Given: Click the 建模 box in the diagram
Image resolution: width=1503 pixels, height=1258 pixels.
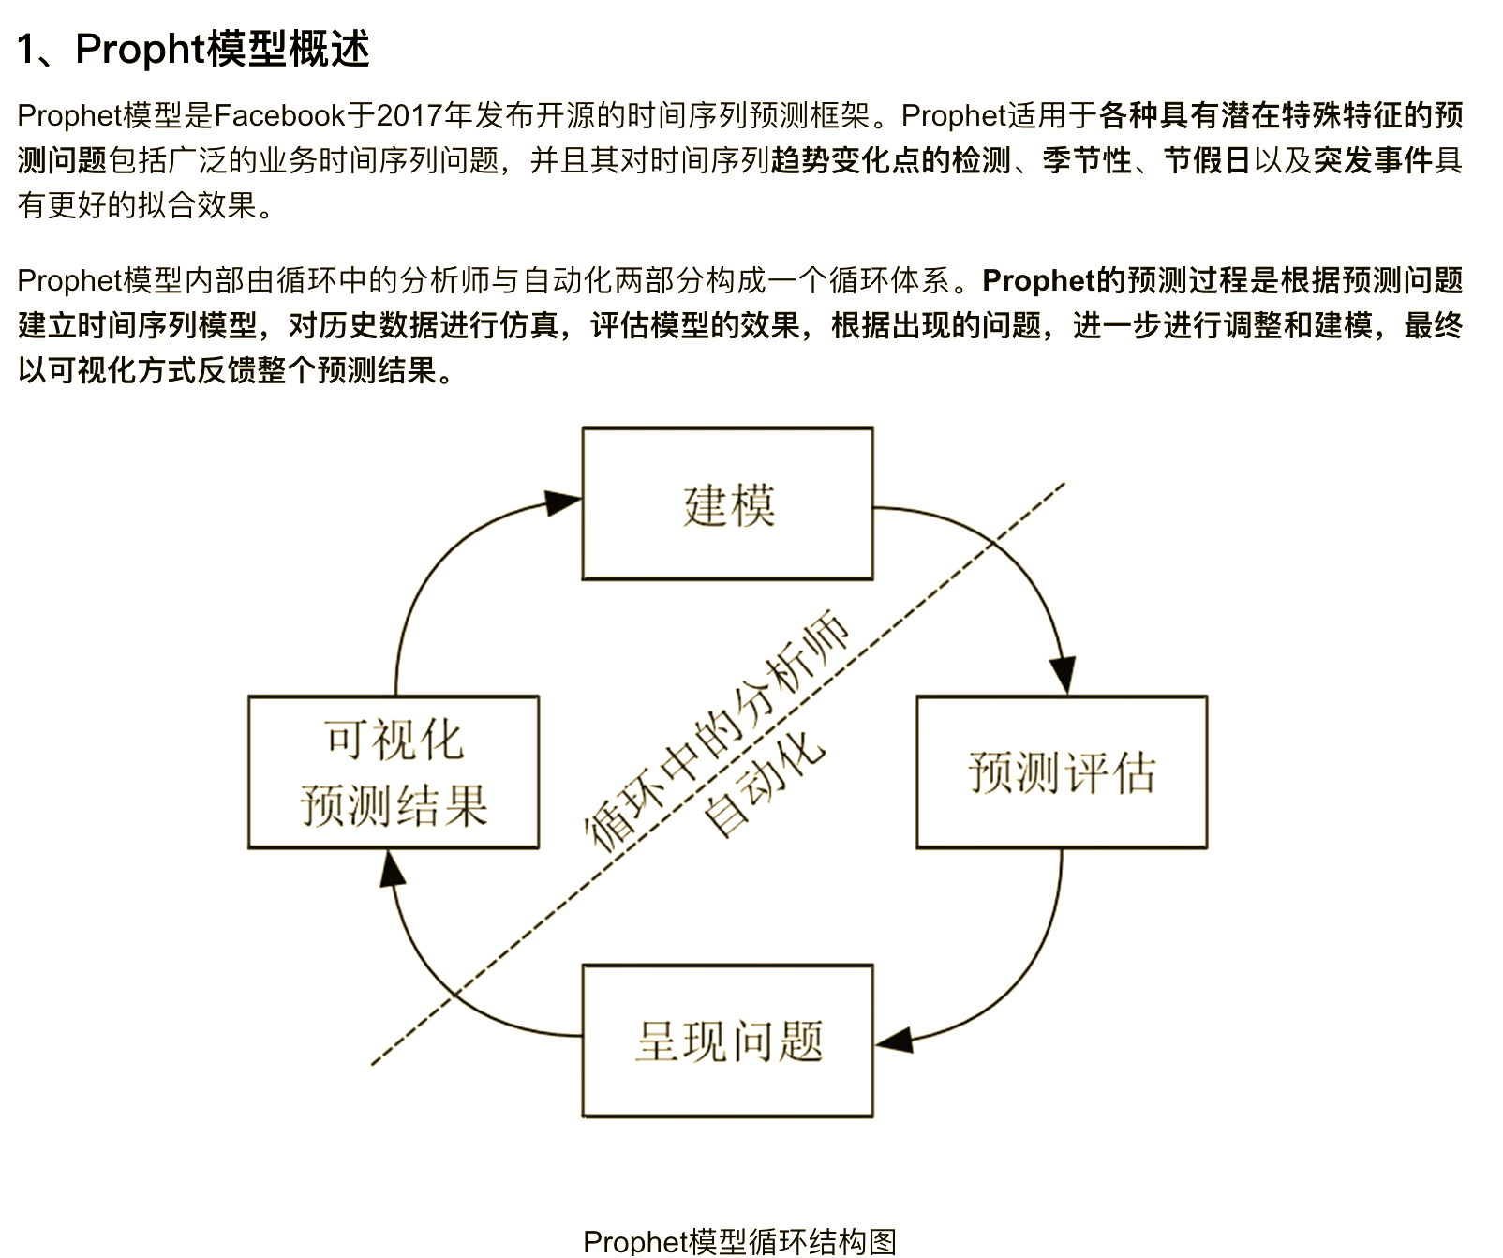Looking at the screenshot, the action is [x=727, y=503].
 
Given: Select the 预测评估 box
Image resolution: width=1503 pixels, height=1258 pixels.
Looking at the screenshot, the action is [x=1062, y=771].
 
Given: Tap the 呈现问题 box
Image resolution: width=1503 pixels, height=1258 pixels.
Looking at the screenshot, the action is [x=727, y=1041].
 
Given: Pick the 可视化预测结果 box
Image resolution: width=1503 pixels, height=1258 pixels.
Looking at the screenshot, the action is [x=394, y=771].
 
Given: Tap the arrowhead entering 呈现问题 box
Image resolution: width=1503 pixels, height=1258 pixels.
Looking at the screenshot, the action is [x=894, y=1040].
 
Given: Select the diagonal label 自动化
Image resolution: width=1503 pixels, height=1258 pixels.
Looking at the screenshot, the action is [x=765, y=784].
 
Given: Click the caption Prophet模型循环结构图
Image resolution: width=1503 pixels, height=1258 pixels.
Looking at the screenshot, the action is [x=739, y=1241].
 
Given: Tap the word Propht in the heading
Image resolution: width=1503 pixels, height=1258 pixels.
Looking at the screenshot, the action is [x=141, y=50].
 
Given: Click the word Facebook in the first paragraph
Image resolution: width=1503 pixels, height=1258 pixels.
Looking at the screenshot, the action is [x=280, y=115].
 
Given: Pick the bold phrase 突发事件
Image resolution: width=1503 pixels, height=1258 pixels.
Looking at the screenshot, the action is [x=1373, y=160].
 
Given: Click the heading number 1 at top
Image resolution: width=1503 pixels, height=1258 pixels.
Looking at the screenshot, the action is [x=27, y=50].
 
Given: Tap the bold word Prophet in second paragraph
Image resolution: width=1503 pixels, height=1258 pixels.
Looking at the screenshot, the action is [x=1038, y=280].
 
